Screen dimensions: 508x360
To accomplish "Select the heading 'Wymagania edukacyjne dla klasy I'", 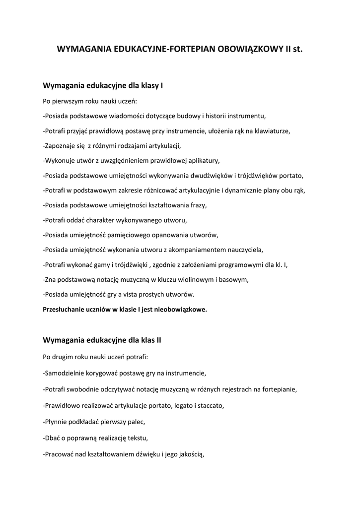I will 103,86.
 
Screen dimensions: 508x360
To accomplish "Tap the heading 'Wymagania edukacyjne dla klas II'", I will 102,340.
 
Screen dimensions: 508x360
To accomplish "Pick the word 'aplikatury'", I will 202,161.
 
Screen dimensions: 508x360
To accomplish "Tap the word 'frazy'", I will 196,205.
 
